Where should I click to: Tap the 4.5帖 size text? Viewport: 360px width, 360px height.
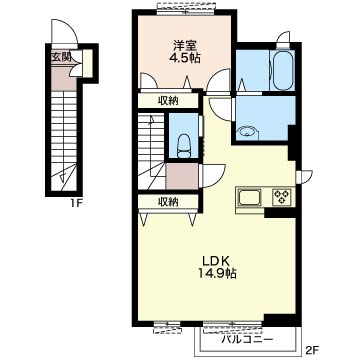click(x=185, y=58)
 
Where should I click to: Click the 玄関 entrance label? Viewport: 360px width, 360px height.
click(x=61, y=57)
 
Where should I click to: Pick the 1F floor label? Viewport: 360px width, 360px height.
click(x=76, y=203)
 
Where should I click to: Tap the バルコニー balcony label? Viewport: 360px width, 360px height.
click(x=247, y=340)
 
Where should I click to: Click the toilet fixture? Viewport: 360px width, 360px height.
click(x=184, y=146)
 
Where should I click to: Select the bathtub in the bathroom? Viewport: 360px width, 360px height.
click(x=283, y=70)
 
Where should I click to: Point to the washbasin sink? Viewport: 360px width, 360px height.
click(x=246, y=132)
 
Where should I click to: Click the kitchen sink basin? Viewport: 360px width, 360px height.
click(x=250, y=197)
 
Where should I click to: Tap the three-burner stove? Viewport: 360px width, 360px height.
click(x=282, y=197)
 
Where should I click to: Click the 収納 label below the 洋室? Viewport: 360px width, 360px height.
click(x=168, y=101)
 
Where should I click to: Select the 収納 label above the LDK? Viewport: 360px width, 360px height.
click(x=168, y=202)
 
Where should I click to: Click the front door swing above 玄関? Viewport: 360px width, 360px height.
click(x=65, y=32)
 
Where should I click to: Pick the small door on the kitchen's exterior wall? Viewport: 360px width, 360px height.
click(x=305, y=177)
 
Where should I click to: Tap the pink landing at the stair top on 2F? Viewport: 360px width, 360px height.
click(x=182, y=177)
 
